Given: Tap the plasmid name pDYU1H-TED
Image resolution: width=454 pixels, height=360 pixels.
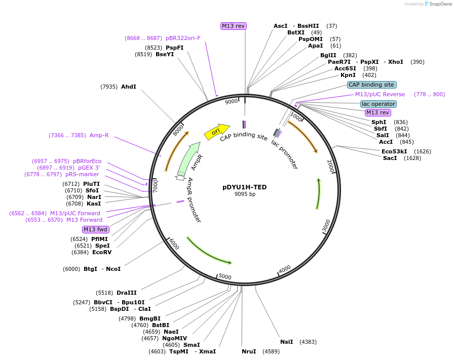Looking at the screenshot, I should click(x=245, y=187).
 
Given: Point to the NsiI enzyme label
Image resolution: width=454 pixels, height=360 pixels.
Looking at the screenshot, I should click(x=287, y=342).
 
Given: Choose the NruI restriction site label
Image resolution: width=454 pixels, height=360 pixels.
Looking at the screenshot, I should click(x=249, y=351).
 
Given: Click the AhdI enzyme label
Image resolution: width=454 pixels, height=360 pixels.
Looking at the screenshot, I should click(x=129, y=87).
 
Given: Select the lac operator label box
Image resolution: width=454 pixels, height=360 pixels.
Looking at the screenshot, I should click(x=379, y=104).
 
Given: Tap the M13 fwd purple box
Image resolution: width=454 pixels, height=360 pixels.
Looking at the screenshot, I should click(x=96, y=229).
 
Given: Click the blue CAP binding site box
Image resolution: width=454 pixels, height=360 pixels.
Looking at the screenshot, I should click(x=371, y=85).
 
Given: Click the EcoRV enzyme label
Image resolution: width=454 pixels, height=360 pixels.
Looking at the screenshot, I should click(x=102, y=252).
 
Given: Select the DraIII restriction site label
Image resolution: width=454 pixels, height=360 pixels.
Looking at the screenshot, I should click(x=127, y=293).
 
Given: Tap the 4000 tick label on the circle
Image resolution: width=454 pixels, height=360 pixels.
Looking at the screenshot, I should click(x=285, y=269).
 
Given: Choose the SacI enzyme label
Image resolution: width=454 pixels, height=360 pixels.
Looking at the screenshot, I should click(x=390, y=158).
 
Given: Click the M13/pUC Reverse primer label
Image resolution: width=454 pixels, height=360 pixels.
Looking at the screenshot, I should click(x=380, y=94).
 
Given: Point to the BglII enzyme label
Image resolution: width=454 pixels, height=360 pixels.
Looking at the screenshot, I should click(x=328, y=55).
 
